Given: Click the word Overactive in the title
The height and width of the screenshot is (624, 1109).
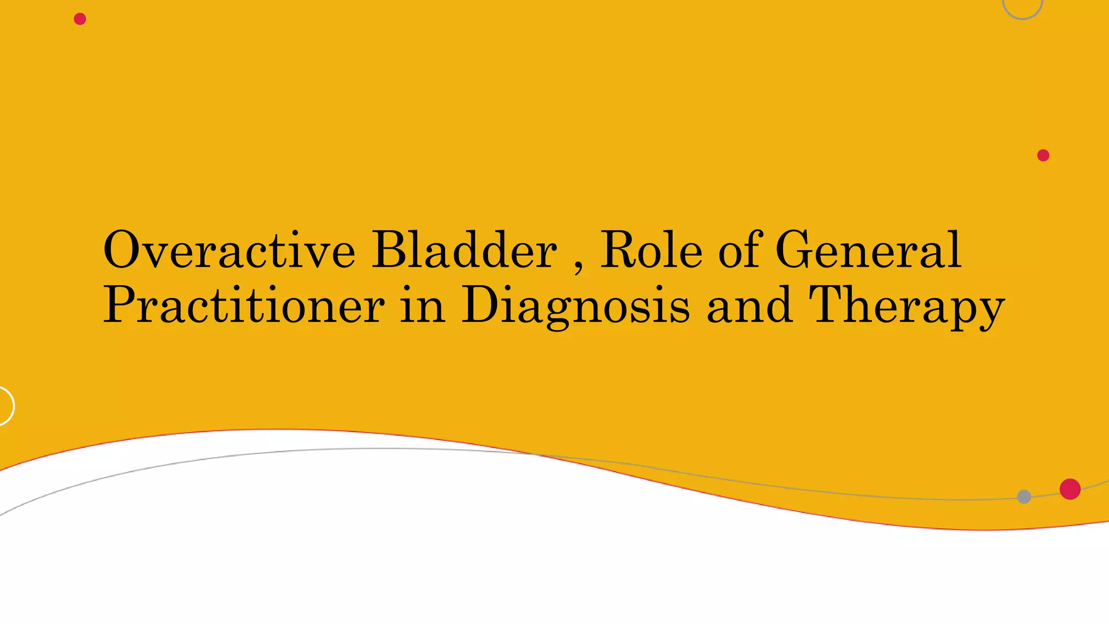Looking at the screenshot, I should (x=229, y=250).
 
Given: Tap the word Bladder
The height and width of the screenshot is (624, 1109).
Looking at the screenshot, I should (x=464, y=250).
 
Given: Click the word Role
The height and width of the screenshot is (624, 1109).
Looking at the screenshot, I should (x=651, y=250).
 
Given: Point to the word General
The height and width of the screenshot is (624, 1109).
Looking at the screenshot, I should (x=868, y=250).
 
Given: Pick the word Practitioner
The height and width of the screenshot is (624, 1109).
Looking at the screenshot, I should (x=244, y=305).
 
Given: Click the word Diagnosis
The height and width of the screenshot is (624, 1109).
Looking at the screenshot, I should (x=576, y=307).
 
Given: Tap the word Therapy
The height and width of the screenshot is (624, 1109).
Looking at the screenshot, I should (x=906, y=307).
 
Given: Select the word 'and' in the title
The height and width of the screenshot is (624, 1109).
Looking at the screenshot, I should (x=749, y=305).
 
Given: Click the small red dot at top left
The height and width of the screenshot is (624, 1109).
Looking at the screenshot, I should (x=80, y=19).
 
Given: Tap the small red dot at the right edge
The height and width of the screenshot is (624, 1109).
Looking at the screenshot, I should (x=1043, y=155).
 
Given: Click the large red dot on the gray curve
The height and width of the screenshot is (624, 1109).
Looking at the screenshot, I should (x=1070, y=489).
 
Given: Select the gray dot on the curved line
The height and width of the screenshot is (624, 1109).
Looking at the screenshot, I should (x=1024, y=497).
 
